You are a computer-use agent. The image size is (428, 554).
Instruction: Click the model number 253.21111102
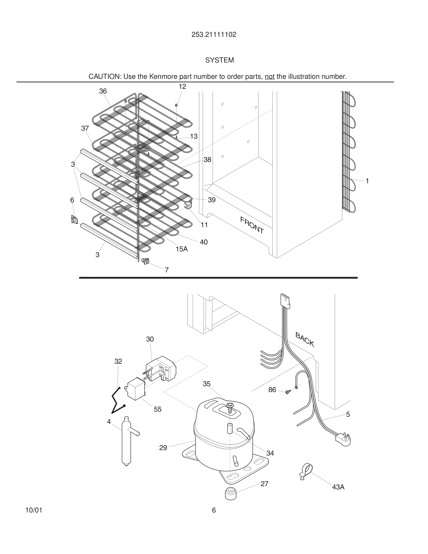[x=214, y=35]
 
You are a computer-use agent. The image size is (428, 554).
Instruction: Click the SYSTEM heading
[x=219, y=60]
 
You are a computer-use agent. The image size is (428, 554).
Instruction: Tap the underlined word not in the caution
[x=269, y=77]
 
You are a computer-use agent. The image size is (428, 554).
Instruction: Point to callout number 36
[x=103, y=91]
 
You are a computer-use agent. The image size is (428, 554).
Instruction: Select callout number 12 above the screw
[x=182, y=87]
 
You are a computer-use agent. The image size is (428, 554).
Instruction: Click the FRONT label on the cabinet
[x=252, y=225]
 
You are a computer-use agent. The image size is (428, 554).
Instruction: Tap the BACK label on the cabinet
[x=305, y=339]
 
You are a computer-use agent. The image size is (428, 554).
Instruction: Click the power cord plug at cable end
[x=343, y=439]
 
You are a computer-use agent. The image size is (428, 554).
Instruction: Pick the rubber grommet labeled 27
[x=231, y=493]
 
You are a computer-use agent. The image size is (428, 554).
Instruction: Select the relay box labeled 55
[x=136, y=388]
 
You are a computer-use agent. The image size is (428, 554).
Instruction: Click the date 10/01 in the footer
[x=34, y=510]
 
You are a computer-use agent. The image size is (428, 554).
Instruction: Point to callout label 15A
[x=182, y=249]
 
